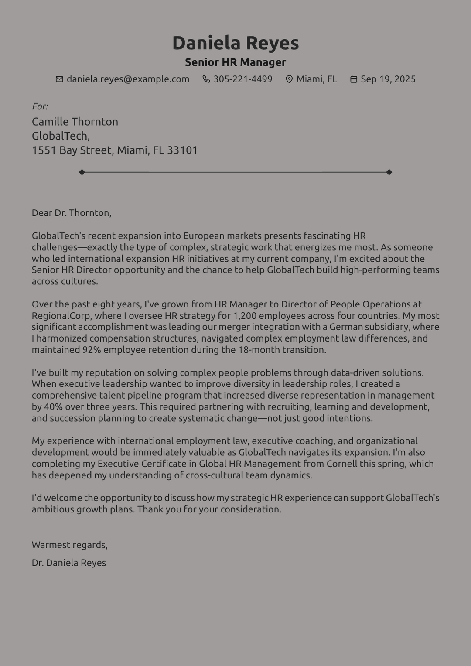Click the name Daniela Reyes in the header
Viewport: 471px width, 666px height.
[x=235, y=43]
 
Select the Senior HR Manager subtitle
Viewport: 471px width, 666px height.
[x=235, y=62]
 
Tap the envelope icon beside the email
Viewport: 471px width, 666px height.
[x=59, y=79]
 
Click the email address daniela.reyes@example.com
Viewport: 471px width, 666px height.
[x=128, y=79]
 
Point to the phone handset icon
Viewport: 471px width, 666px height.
[x=206, y=79]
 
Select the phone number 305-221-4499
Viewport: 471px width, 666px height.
[x=242, y=79]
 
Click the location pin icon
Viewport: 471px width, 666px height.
[x=289, y=79]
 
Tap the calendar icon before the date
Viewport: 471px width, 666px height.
[x=354, y=79]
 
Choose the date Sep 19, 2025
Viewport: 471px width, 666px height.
[x=388, y=79]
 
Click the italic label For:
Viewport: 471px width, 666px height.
[x=40, y=106]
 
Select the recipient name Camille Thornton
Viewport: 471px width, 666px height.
[x=75, y=122]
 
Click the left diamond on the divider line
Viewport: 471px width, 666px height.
[x=82, y=172]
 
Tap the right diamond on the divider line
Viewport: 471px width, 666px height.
[x=389, y=172]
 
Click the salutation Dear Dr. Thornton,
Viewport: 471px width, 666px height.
[x=72, y=213]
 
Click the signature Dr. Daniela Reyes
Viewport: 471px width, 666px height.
[x=69, y=563]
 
